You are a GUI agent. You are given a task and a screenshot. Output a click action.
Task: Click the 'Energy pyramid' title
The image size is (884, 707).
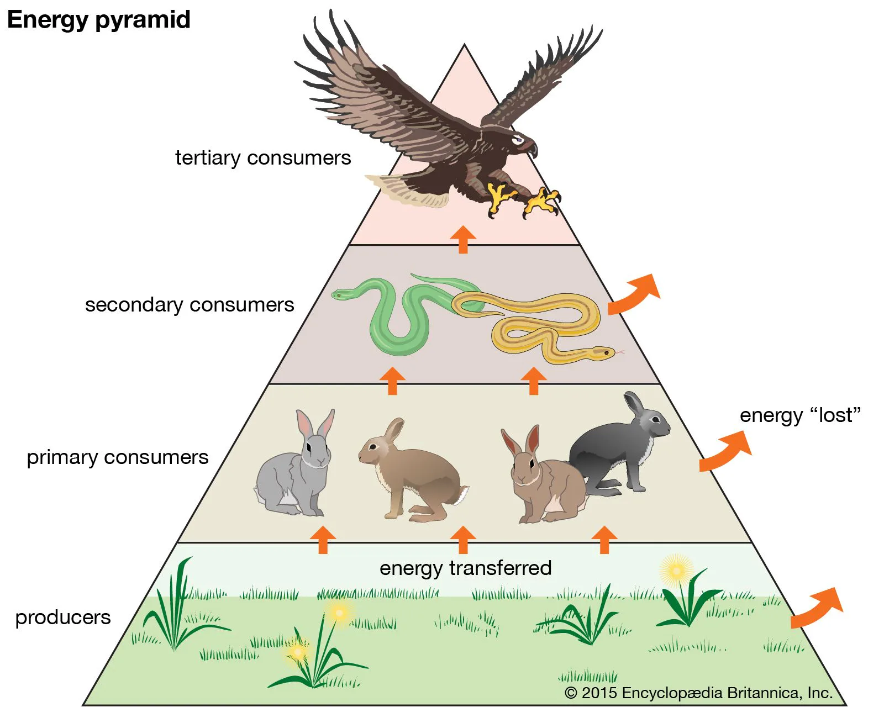coord(98,20)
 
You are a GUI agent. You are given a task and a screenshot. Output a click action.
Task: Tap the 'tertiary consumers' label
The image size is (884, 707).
coord(263,158)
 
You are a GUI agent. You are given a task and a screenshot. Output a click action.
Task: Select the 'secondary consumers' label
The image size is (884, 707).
coord(190,305)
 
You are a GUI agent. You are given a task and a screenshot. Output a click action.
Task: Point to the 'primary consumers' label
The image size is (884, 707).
coord(118,457)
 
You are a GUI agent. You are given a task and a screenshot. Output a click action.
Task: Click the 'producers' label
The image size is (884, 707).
coord(63,617)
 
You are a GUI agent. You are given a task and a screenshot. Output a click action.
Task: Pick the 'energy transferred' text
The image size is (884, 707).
coord(465,568)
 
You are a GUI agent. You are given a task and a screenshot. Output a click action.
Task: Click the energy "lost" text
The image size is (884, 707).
coord(800,415)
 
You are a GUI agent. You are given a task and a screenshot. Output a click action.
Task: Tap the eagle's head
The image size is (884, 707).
coord(522,141)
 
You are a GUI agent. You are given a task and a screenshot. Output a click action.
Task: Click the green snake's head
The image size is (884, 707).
coord(339,295)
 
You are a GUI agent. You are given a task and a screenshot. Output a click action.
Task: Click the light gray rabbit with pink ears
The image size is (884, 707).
coord(296,469)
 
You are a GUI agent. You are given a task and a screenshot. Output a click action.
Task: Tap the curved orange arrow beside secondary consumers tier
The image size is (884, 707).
coord(634,294)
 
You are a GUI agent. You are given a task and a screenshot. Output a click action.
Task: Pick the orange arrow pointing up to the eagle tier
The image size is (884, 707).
coord(463,239)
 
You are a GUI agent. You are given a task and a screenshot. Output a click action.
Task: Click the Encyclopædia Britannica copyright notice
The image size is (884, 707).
coord(698,693)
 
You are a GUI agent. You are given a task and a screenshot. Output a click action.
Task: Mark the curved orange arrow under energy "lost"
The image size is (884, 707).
coord(725,451)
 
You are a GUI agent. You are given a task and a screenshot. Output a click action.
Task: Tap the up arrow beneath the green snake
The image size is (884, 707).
coord(392,381)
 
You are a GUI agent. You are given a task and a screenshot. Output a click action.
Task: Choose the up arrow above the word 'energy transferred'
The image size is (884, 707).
coord(463,540)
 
